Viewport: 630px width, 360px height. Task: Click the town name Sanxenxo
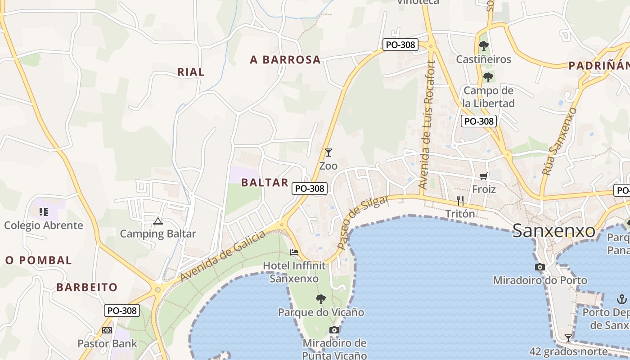(x=554, y=231)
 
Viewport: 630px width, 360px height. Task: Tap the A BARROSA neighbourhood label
(x=285, y=60)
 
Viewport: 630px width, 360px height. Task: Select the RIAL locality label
(x=191, y=72)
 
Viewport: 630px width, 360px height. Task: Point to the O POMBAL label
(x=39, y=260)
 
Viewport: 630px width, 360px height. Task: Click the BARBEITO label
(x=87, y=287)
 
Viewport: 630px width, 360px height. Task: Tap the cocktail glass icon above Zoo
(x=328, y=153)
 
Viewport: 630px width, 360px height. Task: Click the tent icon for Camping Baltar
(x=157, y=221)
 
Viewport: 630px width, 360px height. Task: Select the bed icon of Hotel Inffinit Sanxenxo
(x=294, y=252)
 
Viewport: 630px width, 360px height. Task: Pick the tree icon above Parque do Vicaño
(x=321, y=299)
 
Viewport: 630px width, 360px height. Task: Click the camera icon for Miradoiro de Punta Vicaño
(x=334, y=330)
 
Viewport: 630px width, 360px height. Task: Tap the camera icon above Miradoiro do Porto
(x=540, y=267)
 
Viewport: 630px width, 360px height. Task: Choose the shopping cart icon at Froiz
(x=484, y=176)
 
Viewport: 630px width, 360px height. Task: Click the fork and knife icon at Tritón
(x=460, y=201)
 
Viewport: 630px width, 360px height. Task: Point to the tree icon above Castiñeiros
(x=484, y=45)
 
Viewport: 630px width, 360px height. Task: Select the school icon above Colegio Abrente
(x=44, y=211)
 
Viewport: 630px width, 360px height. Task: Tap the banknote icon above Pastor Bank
(x=107, y=330)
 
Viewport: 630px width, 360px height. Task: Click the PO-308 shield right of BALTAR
(x=310, y=189)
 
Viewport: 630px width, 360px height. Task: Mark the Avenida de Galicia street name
(x=223, y=257)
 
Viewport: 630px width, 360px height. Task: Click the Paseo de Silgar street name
(x=362, y=222)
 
